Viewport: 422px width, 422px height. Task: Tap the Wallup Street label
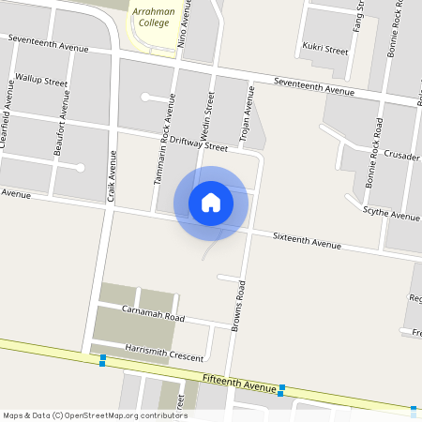(42, 82)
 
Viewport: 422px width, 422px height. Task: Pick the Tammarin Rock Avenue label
(165, 151)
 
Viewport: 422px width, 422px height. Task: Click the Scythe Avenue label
(391, 215)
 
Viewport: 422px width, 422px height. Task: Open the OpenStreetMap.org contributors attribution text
(95, 415)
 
